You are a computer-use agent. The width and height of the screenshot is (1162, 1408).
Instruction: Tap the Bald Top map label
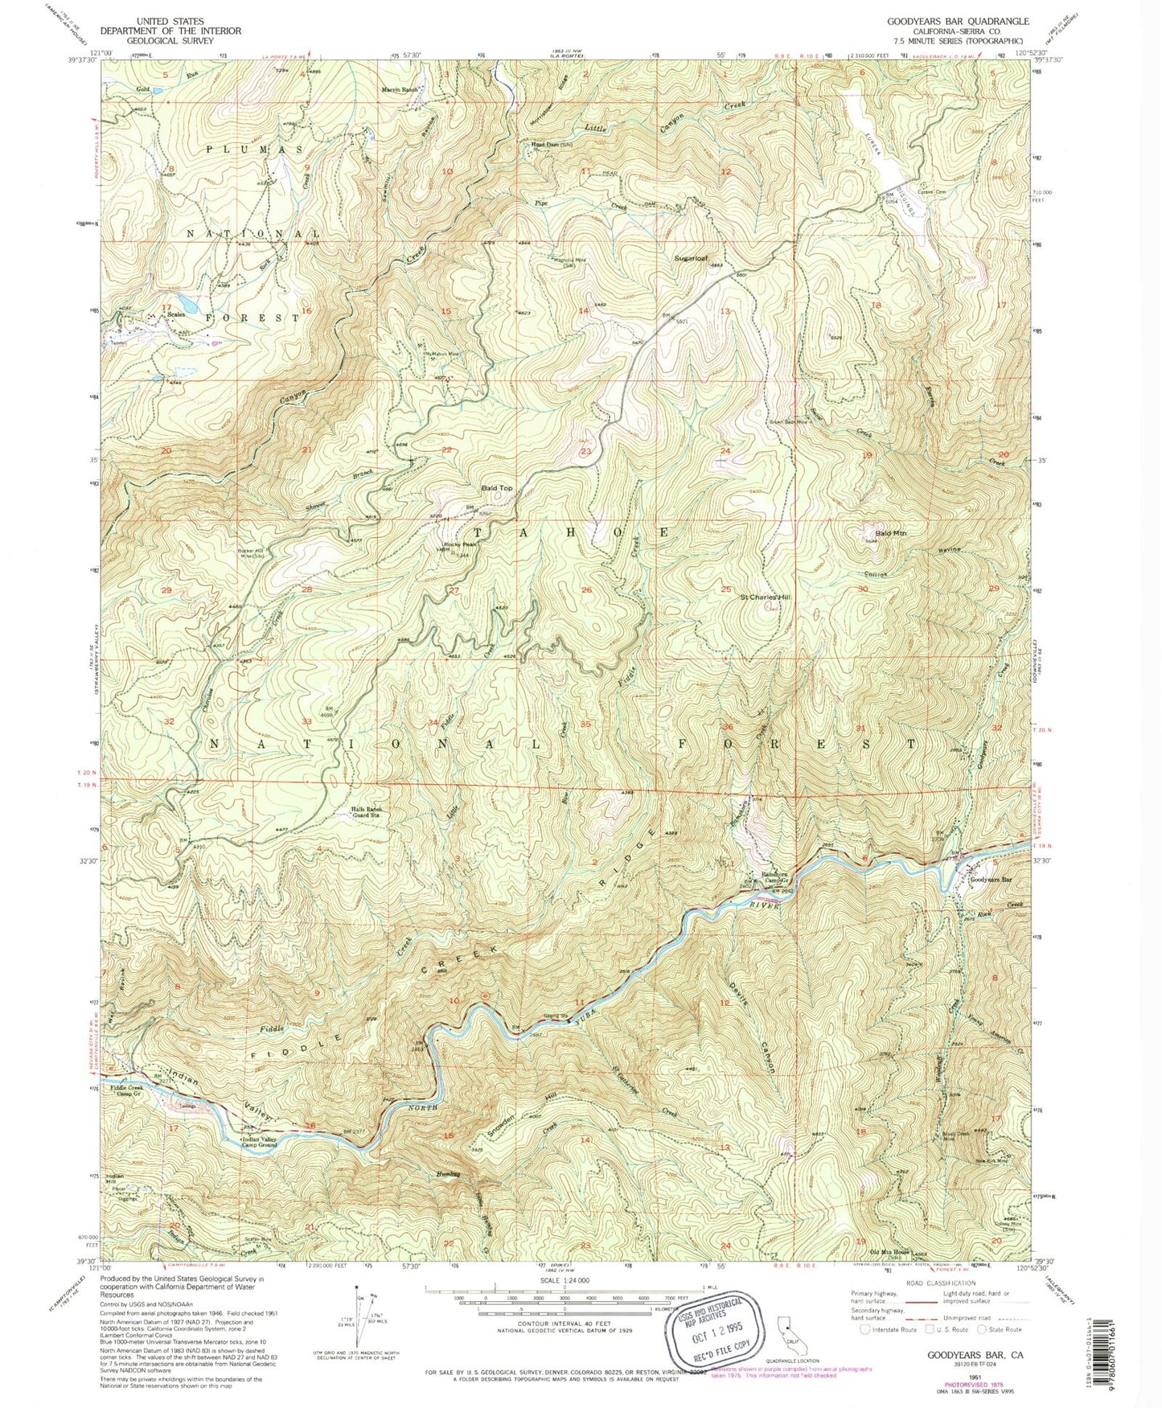[497, 488]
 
